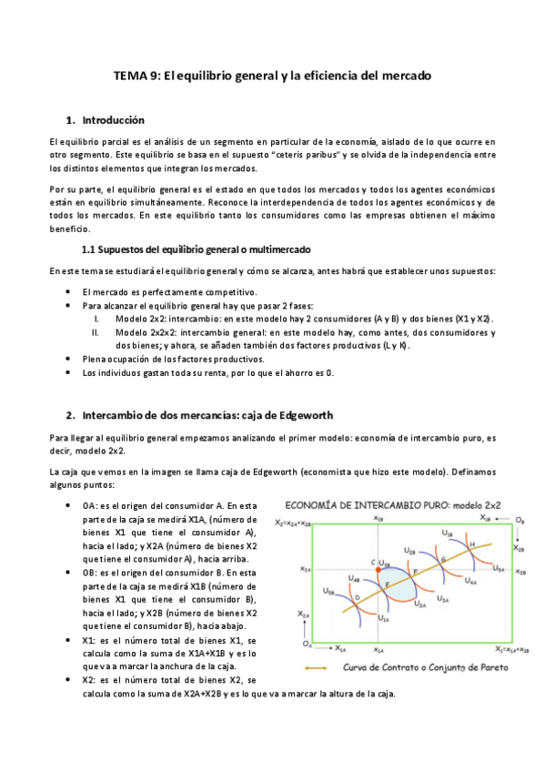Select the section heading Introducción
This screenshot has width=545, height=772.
click(x=113, y=120)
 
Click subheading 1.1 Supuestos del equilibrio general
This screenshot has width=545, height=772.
click(x=196, y=249)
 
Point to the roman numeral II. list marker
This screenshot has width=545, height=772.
click(x=97, y=332)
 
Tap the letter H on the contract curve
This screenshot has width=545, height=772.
click(x=471, y=543)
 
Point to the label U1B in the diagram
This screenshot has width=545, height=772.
click(x=446, y=533)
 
